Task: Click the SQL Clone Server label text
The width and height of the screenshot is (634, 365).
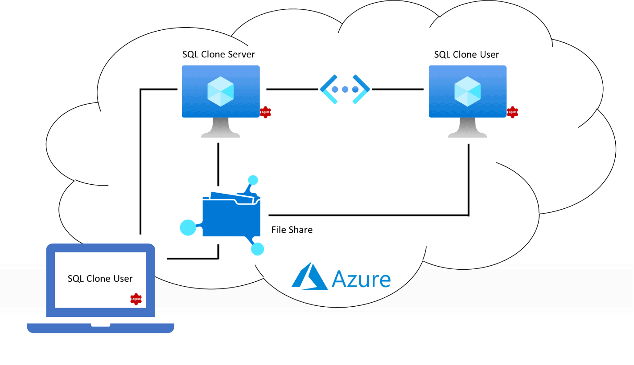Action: point(218,55)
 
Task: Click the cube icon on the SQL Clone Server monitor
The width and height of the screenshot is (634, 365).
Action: point(221,91)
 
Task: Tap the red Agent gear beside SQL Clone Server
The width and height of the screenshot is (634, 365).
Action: point(266,112)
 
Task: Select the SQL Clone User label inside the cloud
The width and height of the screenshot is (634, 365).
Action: point(466,55)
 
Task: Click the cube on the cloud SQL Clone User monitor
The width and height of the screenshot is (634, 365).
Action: point(467,91)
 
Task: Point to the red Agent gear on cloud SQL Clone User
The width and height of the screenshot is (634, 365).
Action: point(513,112)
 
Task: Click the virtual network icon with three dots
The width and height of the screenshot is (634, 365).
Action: point(345,89)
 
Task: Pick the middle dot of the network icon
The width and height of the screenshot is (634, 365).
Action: point(345,89)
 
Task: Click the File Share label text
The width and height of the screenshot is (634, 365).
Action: point(292,230)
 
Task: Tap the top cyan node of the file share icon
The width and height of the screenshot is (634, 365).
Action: point(253,180)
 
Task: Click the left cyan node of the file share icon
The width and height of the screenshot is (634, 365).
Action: point(187,227)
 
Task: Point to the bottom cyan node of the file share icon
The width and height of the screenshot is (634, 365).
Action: point(257,249)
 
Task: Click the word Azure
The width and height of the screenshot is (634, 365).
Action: point(361,280)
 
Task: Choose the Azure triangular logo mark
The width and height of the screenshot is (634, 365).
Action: point(310,276)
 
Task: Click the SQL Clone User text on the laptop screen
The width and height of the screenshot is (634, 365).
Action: point(100,279)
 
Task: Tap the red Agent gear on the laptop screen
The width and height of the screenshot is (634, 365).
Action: point(136,299)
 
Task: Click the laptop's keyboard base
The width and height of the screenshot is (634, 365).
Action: point(100,328)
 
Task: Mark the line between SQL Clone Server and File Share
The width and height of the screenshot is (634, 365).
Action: point(218,164)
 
